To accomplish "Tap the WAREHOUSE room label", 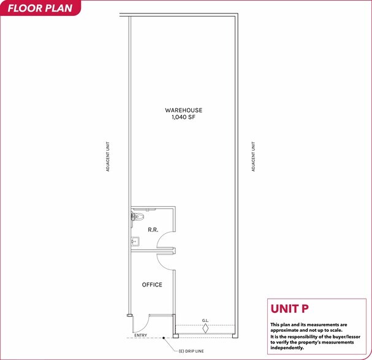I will pyautogui.click(x=183, y=110).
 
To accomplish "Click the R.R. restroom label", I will pyautogui.click(x=153, y=230).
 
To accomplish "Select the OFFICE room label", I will pyautogui.click(x=152, y=285).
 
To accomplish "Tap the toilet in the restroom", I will pyautogui.click(x=137, y=216).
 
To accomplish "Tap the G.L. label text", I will pyautogui.click(x=206, y=320).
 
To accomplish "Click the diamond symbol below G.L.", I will pyautogui.click(x=206, y=329).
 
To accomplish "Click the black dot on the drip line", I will pyautogui.click(x=164, y=338).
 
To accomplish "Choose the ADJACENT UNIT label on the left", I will pyautogui.click(x=108, y=157).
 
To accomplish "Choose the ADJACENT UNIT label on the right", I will pyautogui.click(x=252, y=157).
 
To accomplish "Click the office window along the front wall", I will pyautogui.click(x=161, y=314).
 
